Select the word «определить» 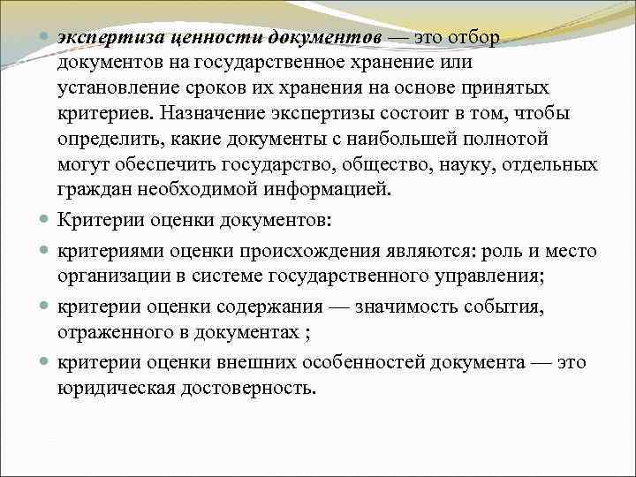click(109, 139)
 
